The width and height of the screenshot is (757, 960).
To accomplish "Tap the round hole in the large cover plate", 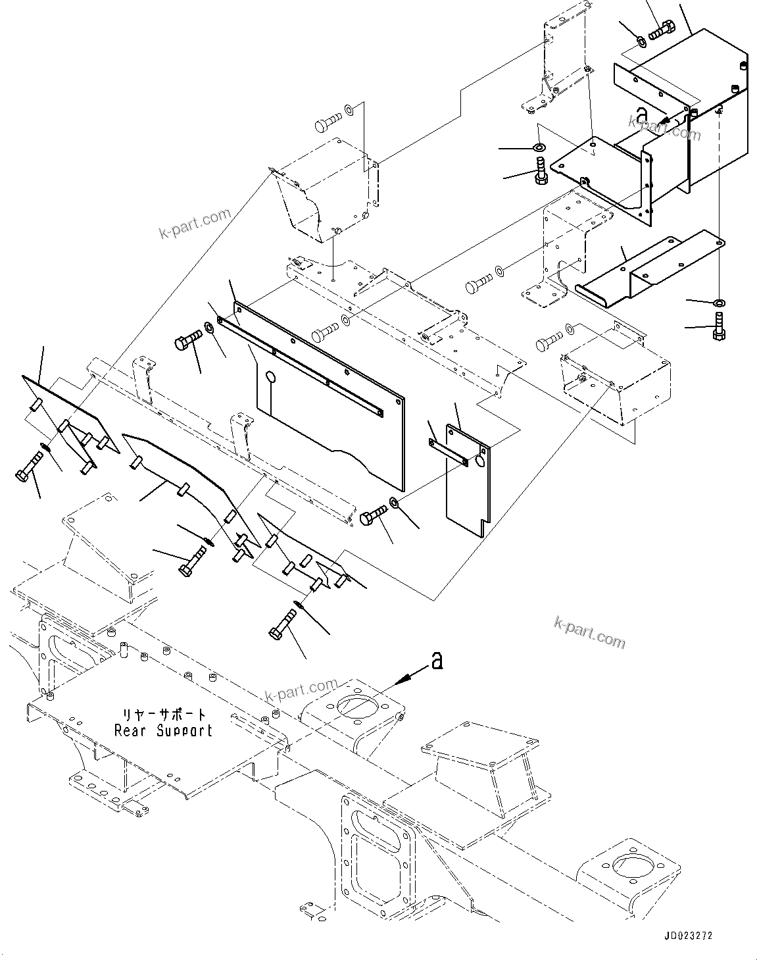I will pos(270,377).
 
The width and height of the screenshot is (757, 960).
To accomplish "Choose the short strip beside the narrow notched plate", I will pos(447,451).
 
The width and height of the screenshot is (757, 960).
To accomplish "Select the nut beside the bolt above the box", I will pos(641,43).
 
